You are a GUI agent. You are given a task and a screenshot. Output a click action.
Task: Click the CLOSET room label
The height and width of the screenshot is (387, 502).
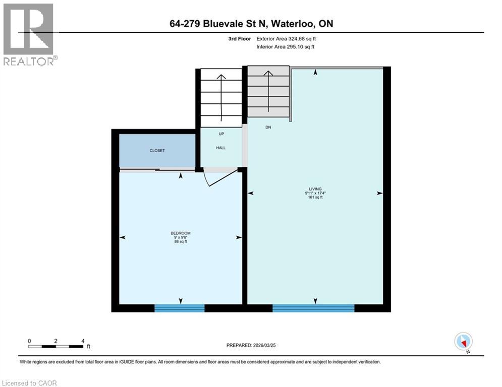[x=157, y=151]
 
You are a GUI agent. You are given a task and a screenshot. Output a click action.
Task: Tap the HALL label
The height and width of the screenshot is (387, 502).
[x=221, y=148]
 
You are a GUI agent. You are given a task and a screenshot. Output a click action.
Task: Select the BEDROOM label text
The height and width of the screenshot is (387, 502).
[x=180, y=233]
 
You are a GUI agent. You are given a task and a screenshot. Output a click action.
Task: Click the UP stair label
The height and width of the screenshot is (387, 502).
[x=221, y=134]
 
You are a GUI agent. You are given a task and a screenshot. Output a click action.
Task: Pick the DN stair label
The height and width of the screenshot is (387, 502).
[x=268, y=127]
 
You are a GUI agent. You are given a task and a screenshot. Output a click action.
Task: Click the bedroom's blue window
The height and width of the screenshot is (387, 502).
[x=179, y=308]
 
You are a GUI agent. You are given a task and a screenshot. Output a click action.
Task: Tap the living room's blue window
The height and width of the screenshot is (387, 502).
[x=313, y=308]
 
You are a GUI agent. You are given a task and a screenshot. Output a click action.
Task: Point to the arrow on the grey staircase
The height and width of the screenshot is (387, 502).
[x=268, y=93]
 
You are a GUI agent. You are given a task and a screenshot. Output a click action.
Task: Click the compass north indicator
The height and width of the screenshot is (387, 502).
[x=463, y=342]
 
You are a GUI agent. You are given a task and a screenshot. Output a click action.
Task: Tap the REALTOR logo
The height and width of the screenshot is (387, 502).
[x=29, y=34]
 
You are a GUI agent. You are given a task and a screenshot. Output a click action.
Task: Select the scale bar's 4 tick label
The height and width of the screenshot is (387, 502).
[x=83, y=341]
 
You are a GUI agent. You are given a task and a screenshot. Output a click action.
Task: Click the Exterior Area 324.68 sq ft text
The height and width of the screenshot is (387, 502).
[x=288, y=38]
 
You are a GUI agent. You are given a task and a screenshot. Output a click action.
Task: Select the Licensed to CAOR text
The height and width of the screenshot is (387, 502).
[x=30, y=383]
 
